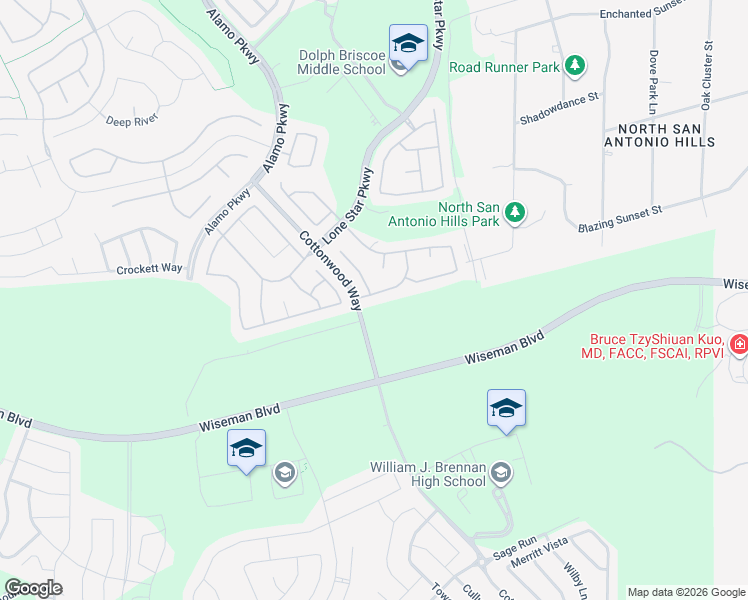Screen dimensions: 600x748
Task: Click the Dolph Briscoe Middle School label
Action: [341, 62]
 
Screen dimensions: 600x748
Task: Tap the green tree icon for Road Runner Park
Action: [574, 66]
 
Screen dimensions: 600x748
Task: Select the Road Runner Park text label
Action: [503, 67]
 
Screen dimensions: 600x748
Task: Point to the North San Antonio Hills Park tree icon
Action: [515, 212]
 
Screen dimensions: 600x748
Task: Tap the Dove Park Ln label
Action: [653, 81]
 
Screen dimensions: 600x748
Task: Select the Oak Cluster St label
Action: [706, 75]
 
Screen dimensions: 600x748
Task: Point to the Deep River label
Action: [132, 121]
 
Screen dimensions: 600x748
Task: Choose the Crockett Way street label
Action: [149, 269]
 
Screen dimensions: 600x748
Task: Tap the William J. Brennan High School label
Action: [427, 474]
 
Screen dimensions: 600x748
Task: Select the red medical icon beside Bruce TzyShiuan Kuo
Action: [738, 346]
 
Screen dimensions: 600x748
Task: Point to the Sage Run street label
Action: [515, 553]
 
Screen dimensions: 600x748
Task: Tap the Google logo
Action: [33, 589]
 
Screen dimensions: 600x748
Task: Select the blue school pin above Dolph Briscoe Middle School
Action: [407, 44]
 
